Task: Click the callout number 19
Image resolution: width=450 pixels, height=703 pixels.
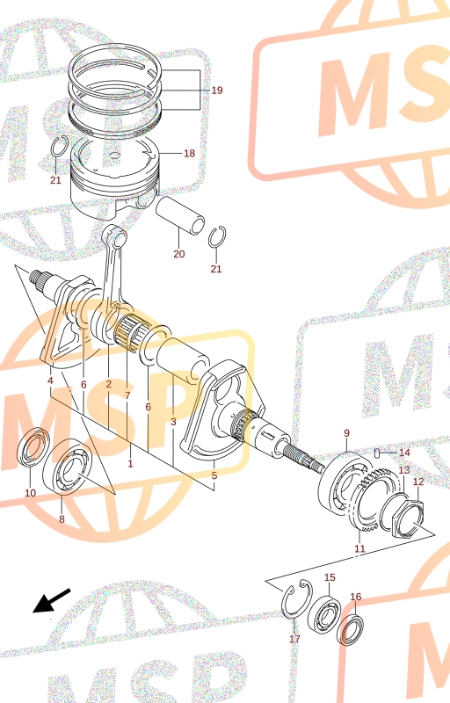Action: coord(217,91)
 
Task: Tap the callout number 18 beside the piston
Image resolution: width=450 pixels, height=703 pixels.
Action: coord(190,153)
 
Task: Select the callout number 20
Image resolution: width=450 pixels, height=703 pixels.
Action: coord(178,254)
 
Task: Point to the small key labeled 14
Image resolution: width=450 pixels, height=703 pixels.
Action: coord(377,453)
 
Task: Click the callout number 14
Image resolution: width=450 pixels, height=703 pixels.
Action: coord(404,453)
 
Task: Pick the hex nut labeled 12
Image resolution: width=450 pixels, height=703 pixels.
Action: coord(408,517)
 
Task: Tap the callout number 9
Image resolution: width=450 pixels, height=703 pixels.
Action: coord(346,433)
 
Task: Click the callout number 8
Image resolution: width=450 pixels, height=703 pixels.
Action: coord(62,519)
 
